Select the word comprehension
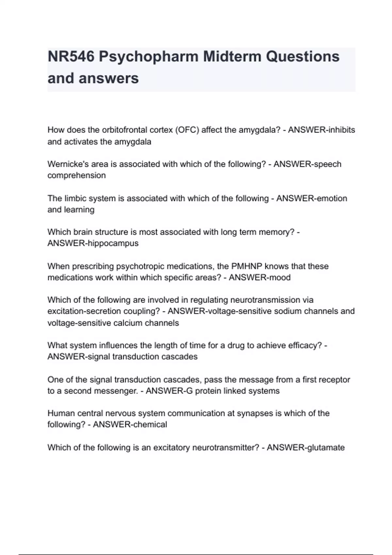point(76,175)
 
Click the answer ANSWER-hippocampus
point(93,243)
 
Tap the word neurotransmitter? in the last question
point(226,447)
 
